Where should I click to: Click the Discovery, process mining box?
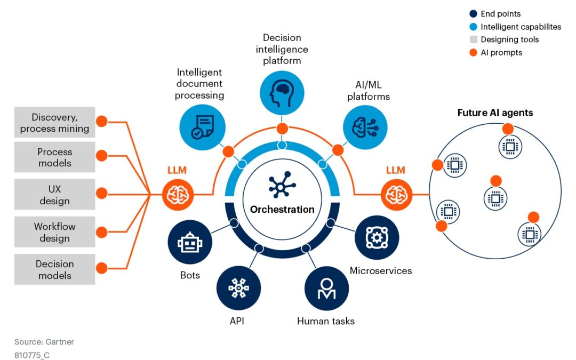point(54,123)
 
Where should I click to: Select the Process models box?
point(54,157)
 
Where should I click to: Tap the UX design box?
point(54,195)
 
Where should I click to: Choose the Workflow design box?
point(54,232)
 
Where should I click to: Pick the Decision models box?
point(54,269)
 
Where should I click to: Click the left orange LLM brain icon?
point(178,195)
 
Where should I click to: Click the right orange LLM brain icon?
point(396,195)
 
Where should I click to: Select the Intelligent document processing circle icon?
point(201,126)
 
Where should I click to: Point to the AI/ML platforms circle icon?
point(365,127)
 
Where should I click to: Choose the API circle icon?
point(238,288)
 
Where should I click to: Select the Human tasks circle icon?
point(326,288)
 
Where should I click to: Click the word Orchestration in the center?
point(282,209)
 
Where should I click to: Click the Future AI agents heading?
point(495,113)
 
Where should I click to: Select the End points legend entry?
point(500,14)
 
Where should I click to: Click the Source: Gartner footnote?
point(44,341)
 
